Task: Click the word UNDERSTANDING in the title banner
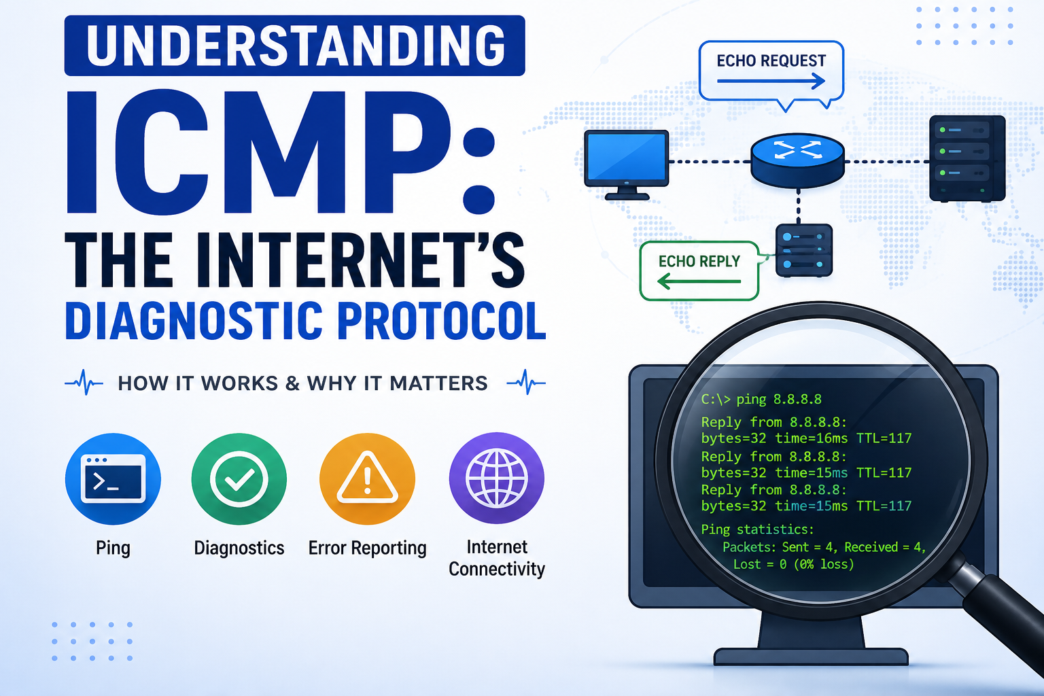point(296,46)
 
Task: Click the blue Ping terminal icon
point(113,478)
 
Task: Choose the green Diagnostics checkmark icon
point(239,478)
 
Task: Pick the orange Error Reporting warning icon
point(367,478)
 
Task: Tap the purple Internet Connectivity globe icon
point(496,478)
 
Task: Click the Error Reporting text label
point(367,549)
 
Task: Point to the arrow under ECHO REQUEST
point(771,81)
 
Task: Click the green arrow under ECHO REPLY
point(699,281)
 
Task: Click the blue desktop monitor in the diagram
point(627,164)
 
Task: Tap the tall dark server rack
point(967,158)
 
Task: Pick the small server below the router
point(804,250)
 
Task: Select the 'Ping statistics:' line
point(757,529)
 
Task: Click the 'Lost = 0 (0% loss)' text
point(794,565)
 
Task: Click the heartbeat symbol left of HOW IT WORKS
point(84,383)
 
